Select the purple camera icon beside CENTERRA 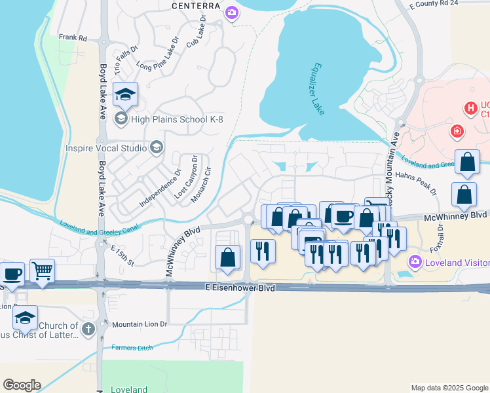coord(231,12)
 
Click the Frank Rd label coord(73,38)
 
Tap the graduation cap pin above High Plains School coord(125,95)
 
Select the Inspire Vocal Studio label coord(107,148)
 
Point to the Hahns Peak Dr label coord(416,183)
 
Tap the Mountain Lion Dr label coord(140,324)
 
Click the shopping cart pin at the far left coord(42,271)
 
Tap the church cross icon coord(88,329)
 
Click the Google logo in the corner coord(22,385)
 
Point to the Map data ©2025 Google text coord(449,388)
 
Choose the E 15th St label coord(122,255)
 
